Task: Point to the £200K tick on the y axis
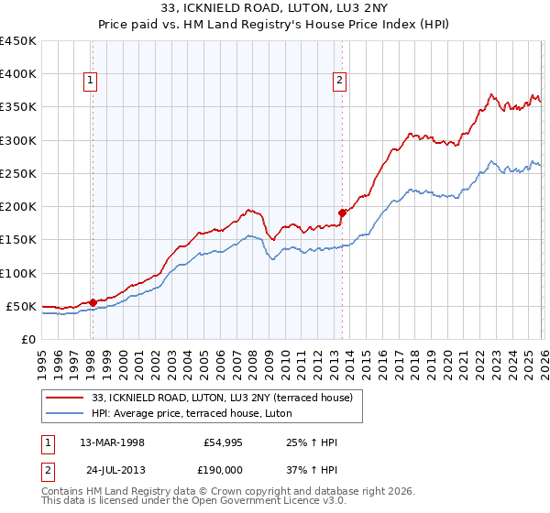18,207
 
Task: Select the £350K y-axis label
18,107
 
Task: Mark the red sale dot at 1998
93,302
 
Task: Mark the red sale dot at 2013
341,213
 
